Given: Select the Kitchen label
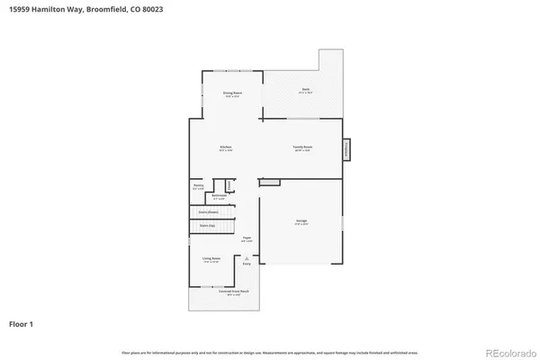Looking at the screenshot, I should (x=227, y=148).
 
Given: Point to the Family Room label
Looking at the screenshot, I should (x=302, y=148).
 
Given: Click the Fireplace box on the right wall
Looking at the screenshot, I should (x=346, y=151).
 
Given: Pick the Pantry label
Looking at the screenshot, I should (x=198, y=185).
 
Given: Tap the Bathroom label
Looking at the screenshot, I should (x=218, y=195).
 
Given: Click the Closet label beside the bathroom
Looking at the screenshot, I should (x=229, y=185).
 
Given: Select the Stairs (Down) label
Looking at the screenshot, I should (x=209, y=212).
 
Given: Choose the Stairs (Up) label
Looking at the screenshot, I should (x=207, y=226).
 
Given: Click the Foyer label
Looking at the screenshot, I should (x=246, y=238).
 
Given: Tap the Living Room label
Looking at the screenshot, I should (x=211, y=261).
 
